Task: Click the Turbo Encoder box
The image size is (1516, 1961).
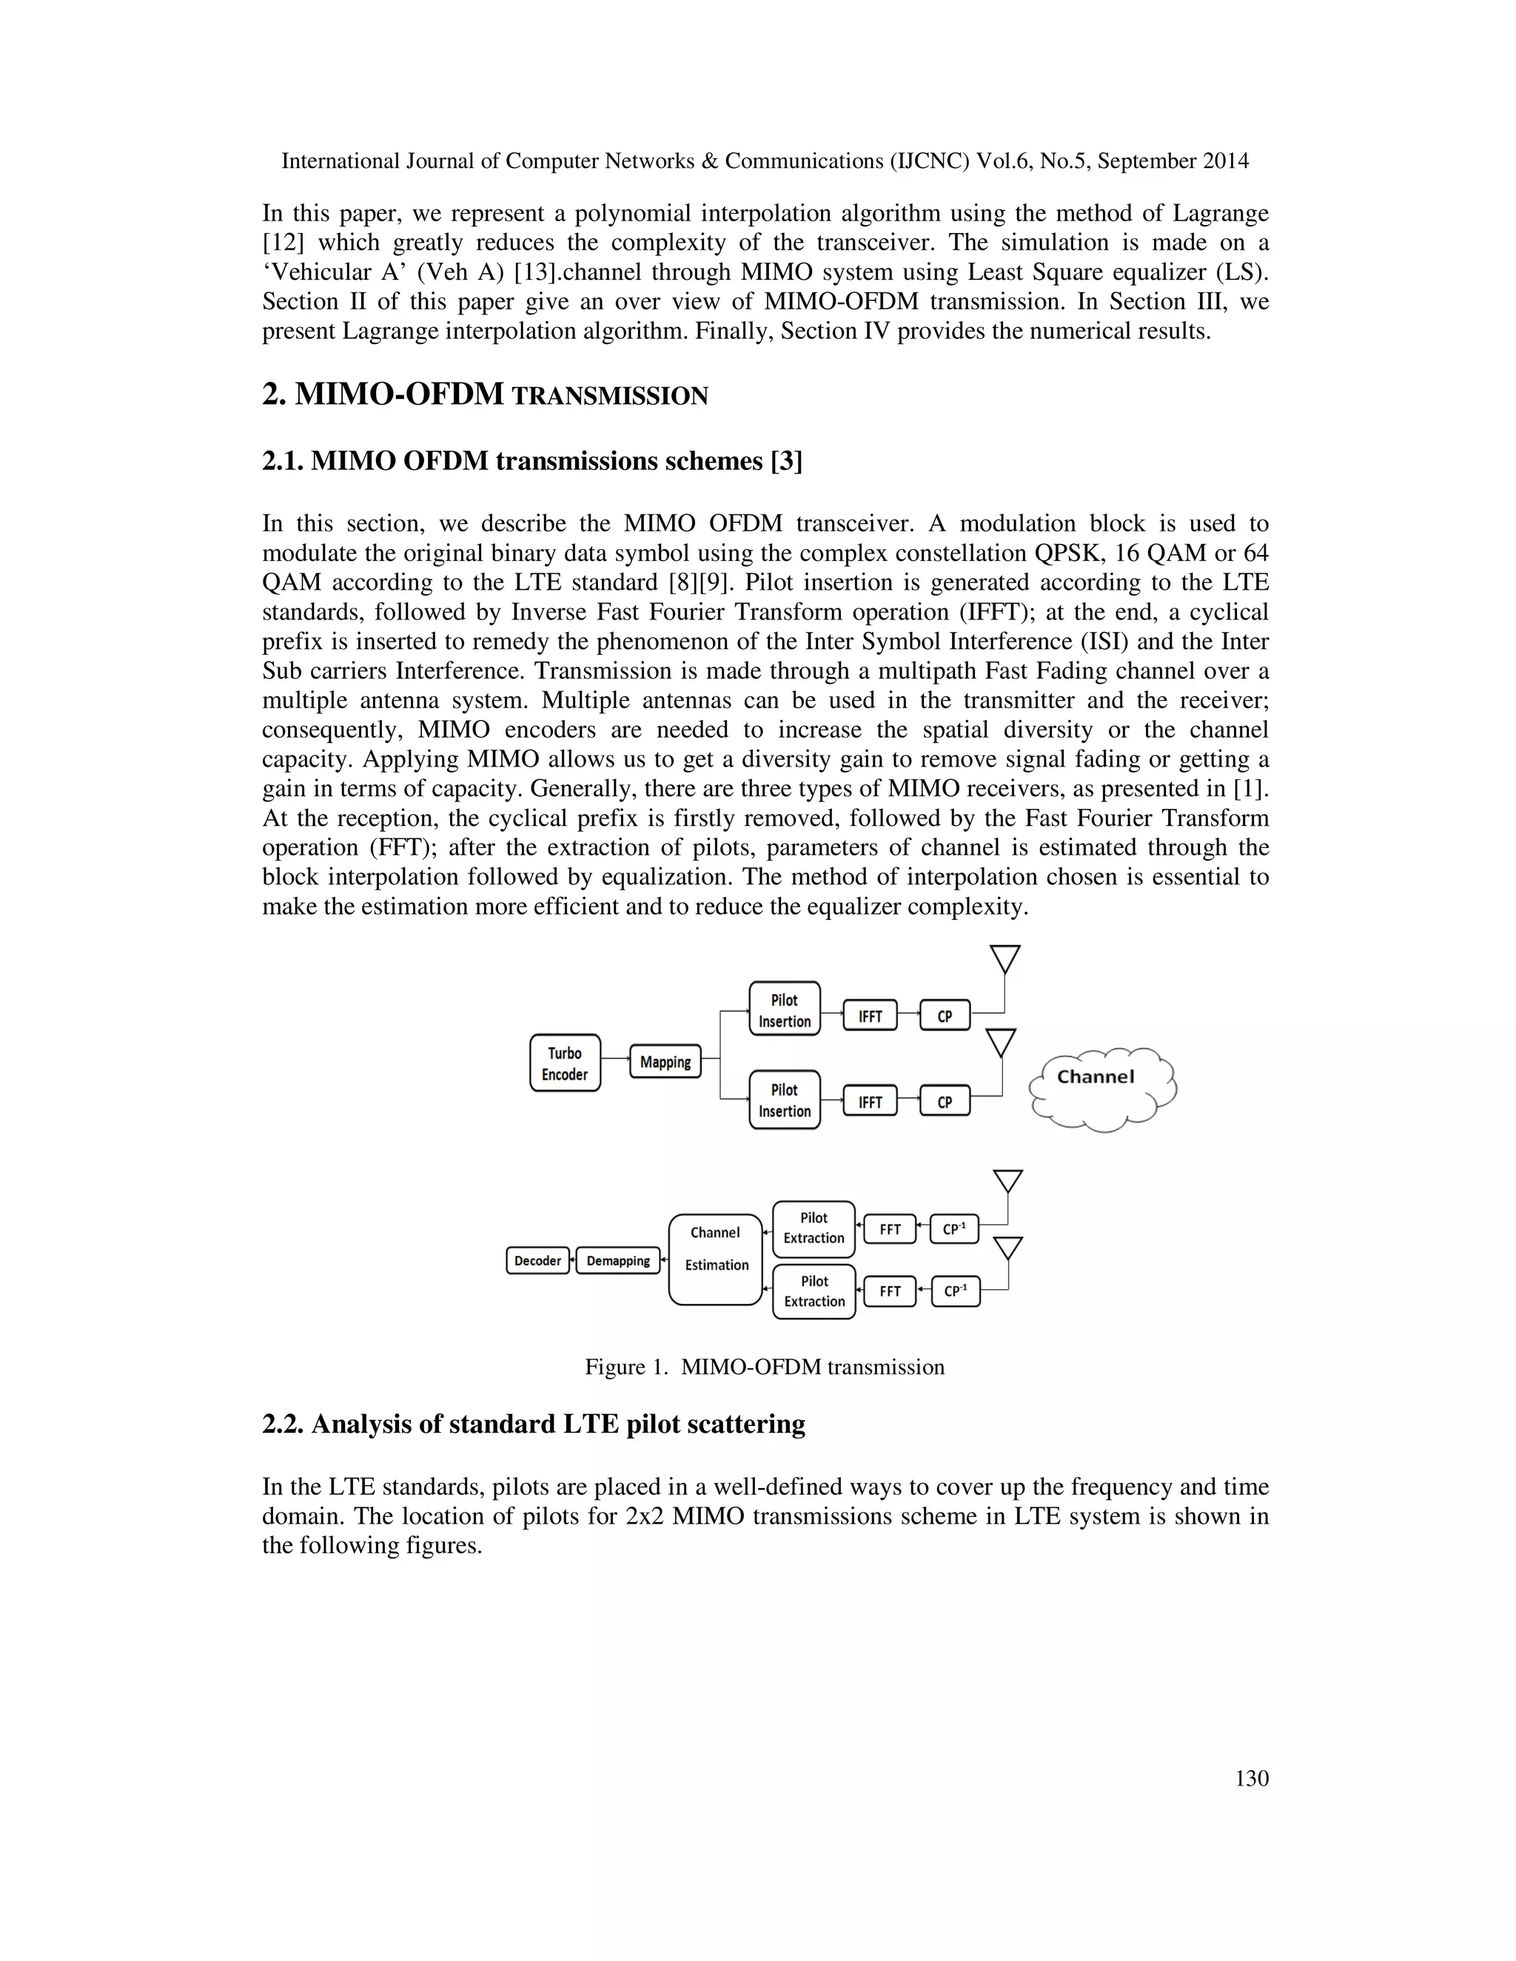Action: pyautogui.click(x=565, y=1063)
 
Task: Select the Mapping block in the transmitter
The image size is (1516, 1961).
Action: pyautogui.click(x=665, y=1061)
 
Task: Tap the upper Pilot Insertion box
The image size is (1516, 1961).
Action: pyautogui.click(x=784, y=1009)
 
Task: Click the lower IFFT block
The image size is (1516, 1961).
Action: pyautogui.click(x=869, y=1102)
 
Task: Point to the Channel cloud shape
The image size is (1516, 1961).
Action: pyautogui.click(x=1100, y=1089)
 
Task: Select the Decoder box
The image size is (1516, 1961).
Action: pyautogui.click(x=537, y=1261)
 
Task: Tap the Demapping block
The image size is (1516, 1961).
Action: pyautogui.click(x=618, y=1261)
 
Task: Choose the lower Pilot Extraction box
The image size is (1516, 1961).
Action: pyautogui.click(x=814, y=1291)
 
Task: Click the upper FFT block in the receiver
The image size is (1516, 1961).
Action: pyautogui.click(x=889, y=1229)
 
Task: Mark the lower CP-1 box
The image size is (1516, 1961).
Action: pyautogui.click(x=956, y=1291)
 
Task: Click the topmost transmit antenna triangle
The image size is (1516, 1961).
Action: pyautogui.click(x=1005, y=958)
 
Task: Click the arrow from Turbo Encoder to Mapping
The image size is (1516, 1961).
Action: pyautogui.click(x=615, y=1059)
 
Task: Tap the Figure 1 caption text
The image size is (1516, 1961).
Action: pyautogui.click(x=764, y=1367)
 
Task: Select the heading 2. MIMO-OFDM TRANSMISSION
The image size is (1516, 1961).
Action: pyautogui.click(x=485, y=395)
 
